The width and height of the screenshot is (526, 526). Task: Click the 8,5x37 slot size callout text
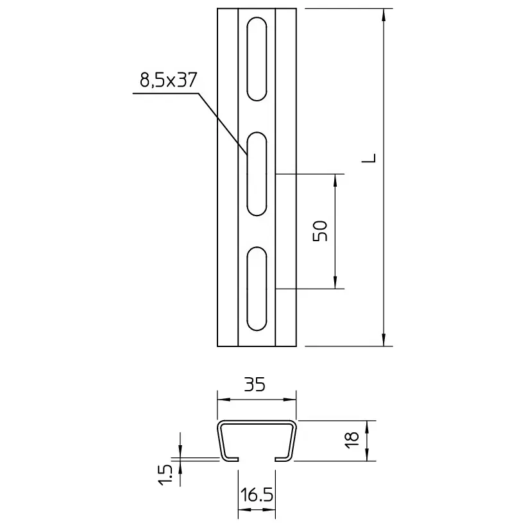click(x=168, y=80)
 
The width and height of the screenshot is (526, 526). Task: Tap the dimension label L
click(x=369, y=158)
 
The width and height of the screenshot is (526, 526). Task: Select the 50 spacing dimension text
click(x=320, y=231)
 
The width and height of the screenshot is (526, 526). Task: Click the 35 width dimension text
click(x=255, y=384)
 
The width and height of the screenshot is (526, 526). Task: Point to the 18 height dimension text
click(x=352, y=440)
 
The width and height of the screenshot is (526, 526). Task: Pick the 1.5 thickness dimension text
click(x=165, y=475)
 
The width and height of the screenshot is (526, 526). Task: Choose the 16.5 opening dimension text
click(x=257, y=495)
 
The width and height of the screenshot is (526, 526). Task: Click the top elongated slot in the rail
click(x=257, y=59)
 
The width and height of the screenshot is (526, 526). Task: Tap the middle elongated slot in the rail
click(x=257, y=174)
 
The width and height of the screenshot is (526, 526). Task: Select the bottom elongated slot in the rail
click(x=257, y=289)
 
